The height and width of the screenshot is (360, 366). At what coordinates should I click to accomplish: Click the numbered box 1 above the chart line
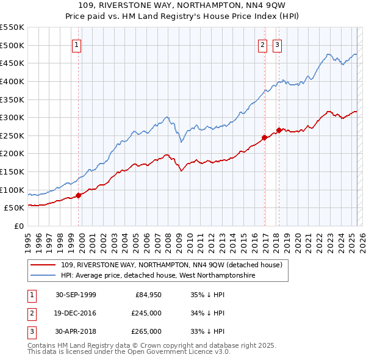77,44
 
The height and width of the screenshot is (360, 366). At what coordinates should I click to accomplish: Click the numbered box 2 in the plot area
262,44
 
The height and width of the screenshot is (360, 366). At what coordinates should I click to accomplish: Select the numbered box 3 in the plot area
277,44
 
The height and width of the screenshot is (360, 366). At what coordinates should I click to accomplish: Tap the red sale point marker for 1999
79,195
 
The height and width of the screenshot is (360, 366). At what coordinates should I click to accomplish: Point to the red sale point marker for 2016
265,137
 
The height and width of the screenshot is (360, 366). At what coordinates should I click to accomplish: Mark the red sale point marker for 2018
279,130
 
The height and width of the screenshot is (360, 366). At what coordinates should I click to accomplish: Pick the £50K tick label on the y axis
14,208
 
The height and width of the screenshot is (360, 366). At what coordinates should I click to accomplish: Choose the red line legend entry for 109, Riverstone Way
171,265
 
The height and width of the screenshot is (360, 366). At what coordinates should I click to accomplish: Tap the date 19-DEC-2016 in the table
76,313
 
